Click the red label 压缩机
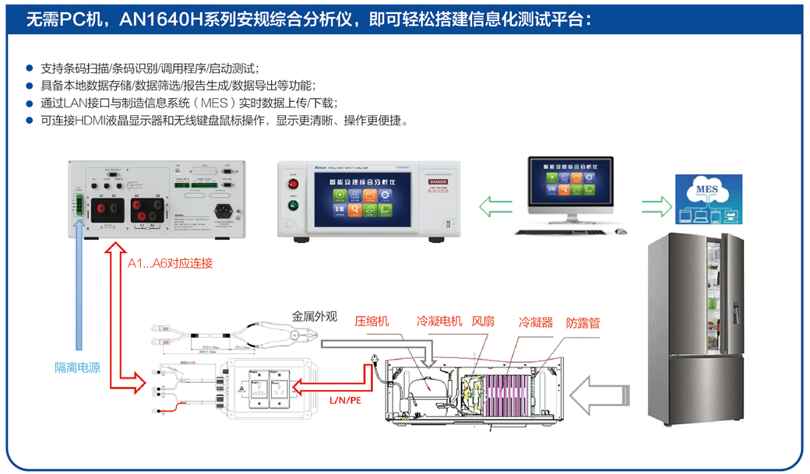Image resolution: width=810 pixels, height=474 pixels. (x=372, y=321)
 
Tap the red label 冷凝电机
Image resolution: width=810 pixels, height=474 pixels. (x=439, y=321)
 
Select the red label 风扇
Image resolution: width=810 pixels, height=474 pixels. (x=483, y=321)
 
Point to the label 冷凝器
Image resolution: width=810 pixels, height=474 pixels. (x=536, y=321)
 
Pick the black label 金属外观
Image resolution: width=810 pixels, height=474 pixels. (x=315, y=317)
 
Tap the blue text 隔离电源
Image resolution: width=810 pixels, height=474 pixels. (x=77, y=367)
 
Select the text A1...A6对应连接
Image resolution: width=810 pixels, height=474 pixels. (x=170, y=263)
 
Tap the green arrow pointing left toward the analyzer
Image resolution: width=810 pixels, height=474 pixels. (x=495, y=207)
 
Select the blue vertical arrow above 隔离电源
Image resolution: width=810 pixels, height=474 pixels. (x=78, y=288)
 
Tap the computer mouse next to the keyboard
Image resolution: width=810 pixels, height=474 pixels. (x=620, y=230)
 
